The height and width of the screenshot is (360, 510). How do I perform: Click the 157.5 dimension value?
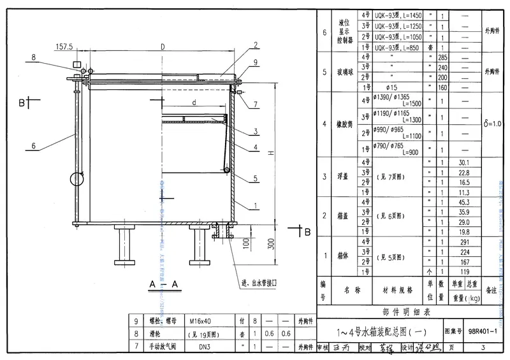[x=64, y=47]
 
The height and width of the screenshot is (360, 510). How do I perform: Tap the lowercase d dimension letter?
[x=191, y=101]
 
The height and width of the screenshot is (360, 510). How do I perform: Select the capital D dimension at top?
[x=163, y=47]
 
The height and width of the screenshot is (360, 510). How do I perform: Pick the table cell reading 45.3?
[x=463, y=203]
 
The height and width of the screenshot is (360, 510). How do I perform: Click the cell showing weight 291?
[x=463, y=241]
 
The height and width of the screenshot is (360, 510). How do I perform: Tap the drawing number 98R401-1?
[x=486, y=331]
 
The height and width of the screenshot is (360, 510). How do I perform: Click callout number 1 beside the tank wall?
[x=255, y=206]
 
